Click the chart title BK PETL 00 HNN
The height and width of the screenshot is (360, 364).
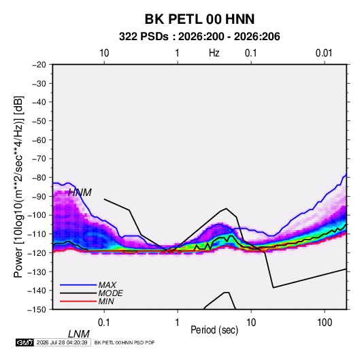tap(199, 19)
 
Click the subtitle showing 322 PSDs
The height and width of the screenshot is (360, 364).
tap(199, 37)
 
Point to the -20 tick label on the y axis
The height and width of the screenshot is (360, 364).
tap(39, 65)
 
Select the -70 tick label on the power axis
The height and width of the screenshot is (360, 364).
tap(39, 159)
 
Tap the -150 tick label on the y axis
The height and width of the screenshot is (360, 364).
tap(37, 310)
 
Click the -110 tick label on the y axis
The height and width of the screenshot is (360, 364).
tap(37, 234)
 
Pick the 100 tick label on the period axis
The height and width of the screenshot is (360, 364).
tap(325, 322)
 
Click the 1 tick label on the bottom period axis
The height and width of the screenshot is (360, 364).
tap(178, 322)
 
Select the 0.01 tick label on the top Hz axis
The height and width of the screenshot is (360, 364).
tap(324, 53)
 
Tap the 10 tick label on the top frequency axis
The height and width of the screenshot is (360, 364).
tap(104, 53)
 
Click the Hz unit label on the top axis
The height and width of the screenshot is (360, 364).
tap(214, 53)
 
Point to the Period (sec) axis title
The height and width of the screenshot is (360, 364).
tap(214, 330)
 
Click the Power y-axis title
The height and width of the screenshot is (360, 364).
tap(18, 186)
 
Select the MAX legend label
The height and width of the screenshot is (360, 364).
tap(107, 285)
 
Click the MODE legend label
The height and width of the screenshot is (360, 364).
tap(110, 293)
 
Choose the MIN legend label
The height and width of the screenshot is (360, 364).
tap(106, 301)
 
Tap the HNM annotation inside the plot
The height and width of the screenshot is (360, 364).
tap(80, 193)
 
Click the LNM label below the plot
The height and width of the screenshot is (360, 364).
tap(79, 334)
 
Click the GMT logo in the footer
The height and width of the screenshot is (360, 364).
tap(25, 342)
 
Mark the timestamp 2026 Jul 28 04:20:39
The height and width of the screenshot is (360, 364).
tap(62, 342)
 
